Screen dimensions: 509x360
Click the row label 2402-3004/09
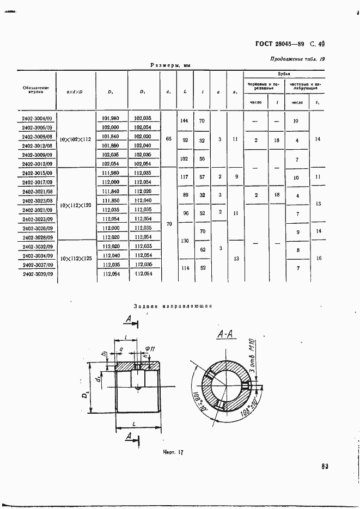[37, 118]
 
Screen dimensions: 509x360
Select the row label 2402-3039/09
[37, 275]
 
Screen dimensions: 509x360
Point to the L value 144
[184, 121]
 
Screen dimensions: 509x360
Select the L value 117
[184, 177]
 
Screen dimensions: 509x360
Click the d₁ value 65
[168, 139]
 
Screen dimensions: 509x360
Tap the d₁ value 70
[168, 223]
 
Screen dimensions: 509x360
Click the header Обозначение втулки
[36, 90]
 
